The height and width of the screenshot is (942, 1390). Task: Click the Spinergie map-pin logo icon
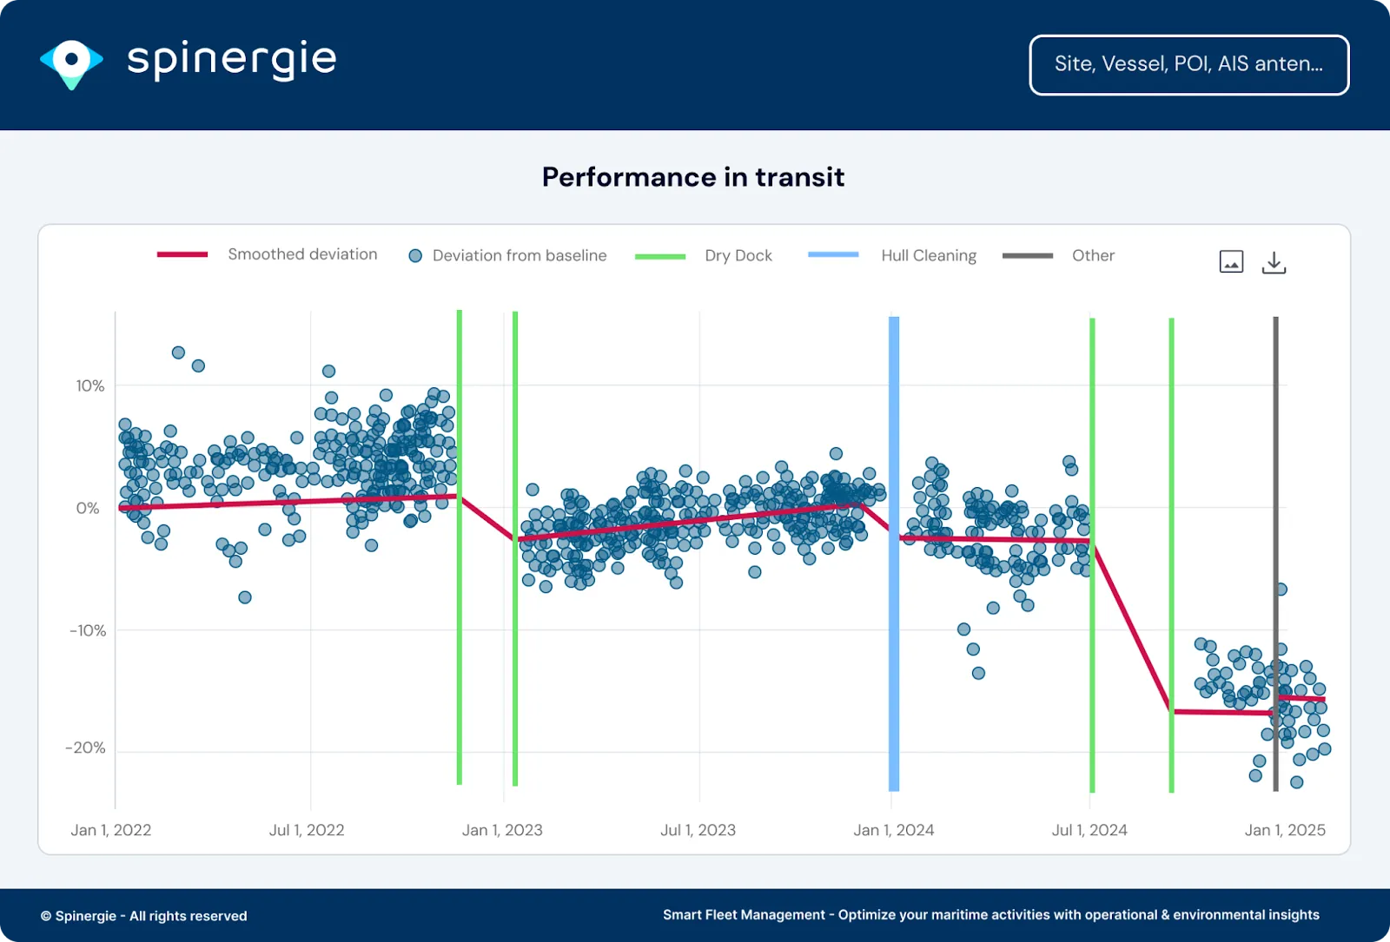pyautogui.click(x=71, y=63)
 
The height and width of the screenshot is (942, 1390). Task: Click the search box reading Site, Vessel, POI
pyautogui.click(x=1188, y=64)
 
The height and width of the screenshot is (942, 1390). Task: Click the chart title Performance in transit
pyautogui.click(x=692, y=177)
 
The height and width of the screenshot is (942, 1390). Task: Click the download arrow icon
pyautogui.click(x=1274, y=262)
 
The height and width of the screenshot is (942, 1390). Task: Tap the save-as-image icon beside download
pyautogui.click(x=1231, y=261)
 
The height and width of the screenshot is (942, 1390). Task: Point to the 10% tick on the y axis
pyautogui.click(x=90, y=385)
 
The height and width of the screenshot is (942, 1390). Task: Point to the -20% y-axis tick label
pyautogui.click(x=85, y=748)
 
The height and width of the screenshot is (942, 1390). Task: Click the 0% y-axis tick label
pyautogui.click(x=88, y=508)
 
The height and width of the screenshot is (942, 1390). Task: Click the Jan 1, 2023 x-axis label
pyautogui.click(x=502, y=830)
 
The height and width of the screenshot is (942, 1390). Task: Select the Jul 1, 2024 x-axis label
pyautogui.click(x=1089, y=830)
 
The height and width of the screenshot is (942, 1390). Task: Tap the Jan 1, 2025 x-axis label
pyautogui.click(x=1285, y=830)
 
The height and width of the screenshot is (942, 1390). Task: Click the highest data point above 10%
pyautogui.click(x=178, y=352)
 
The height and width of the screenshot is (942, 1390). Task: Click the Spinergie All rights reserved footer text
pyautogui.click(x=144, y=916)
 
